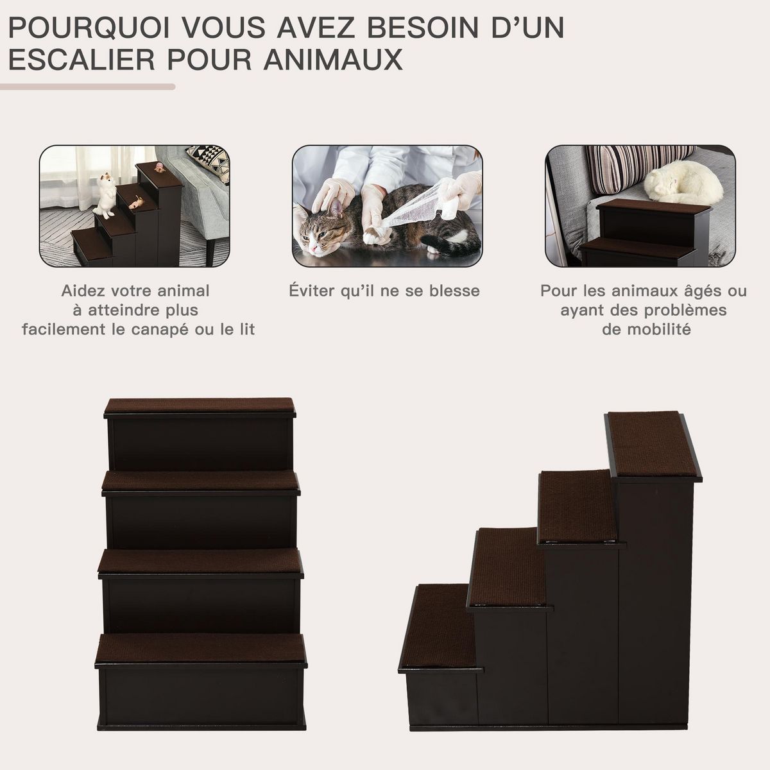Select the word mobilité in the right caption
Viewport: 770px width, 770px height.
(646, 330)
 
